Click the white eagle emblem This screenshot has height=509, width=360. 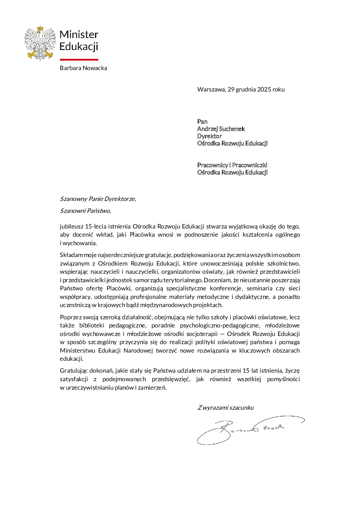tap(40, 44)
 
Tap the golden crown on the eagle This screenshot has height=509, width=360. tap(40, 29)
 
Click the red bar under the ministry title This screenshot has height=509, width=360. tap(79, 60)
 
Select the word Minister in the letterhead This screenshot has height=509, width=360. tap(79, 34)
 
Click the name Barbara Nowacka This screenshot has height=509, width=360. tap(83, 68)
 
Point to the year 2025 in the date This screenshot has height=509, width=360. tap(264, 89)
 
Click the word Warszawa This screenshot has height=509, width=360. tap(211, 89)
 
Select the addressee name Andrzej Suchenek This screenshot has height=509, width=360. tap(221, 129)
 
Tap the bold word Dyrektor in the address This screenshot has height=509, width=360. tap(209, 136)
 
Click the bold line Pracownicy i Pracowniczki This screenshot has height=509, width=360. tap(232, 165)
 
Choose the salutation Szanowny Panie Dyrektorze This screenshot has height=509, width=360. tap(97, 199)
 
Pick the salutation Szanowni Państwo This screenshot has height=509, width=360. tap(85, 211)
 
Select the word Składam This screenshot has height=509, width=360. tap(69, 255)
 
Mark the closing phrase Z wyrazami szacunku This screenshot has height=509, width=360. tap(226, 408)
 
